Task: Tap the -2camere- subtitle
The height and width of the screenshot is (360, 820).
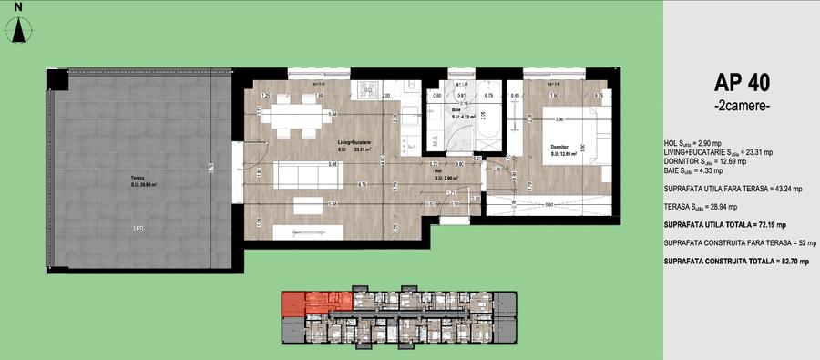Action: tap(743, 108)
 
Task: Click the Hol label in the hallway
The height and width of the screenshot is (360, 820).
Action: tap(437, 170)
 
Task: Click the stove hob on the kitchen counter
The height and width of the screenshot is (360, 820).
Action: tap(369, 88)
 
